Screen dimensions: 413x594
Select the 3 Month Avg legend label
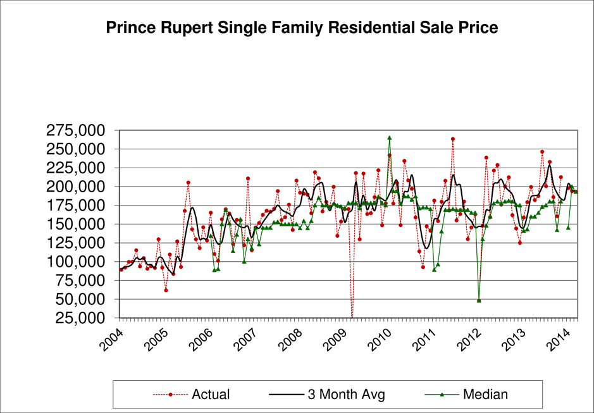[346, 395]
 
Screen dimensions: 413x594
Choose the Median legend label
[486, 395]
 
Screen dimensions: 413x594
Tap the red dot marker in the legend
[171, 394]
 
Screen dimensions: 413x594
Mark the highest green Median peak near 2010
[390, 137]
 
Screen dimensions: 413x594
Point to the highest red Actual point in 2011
[453, 139]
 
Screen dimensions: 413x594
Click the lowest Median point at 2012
[479, 300]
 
